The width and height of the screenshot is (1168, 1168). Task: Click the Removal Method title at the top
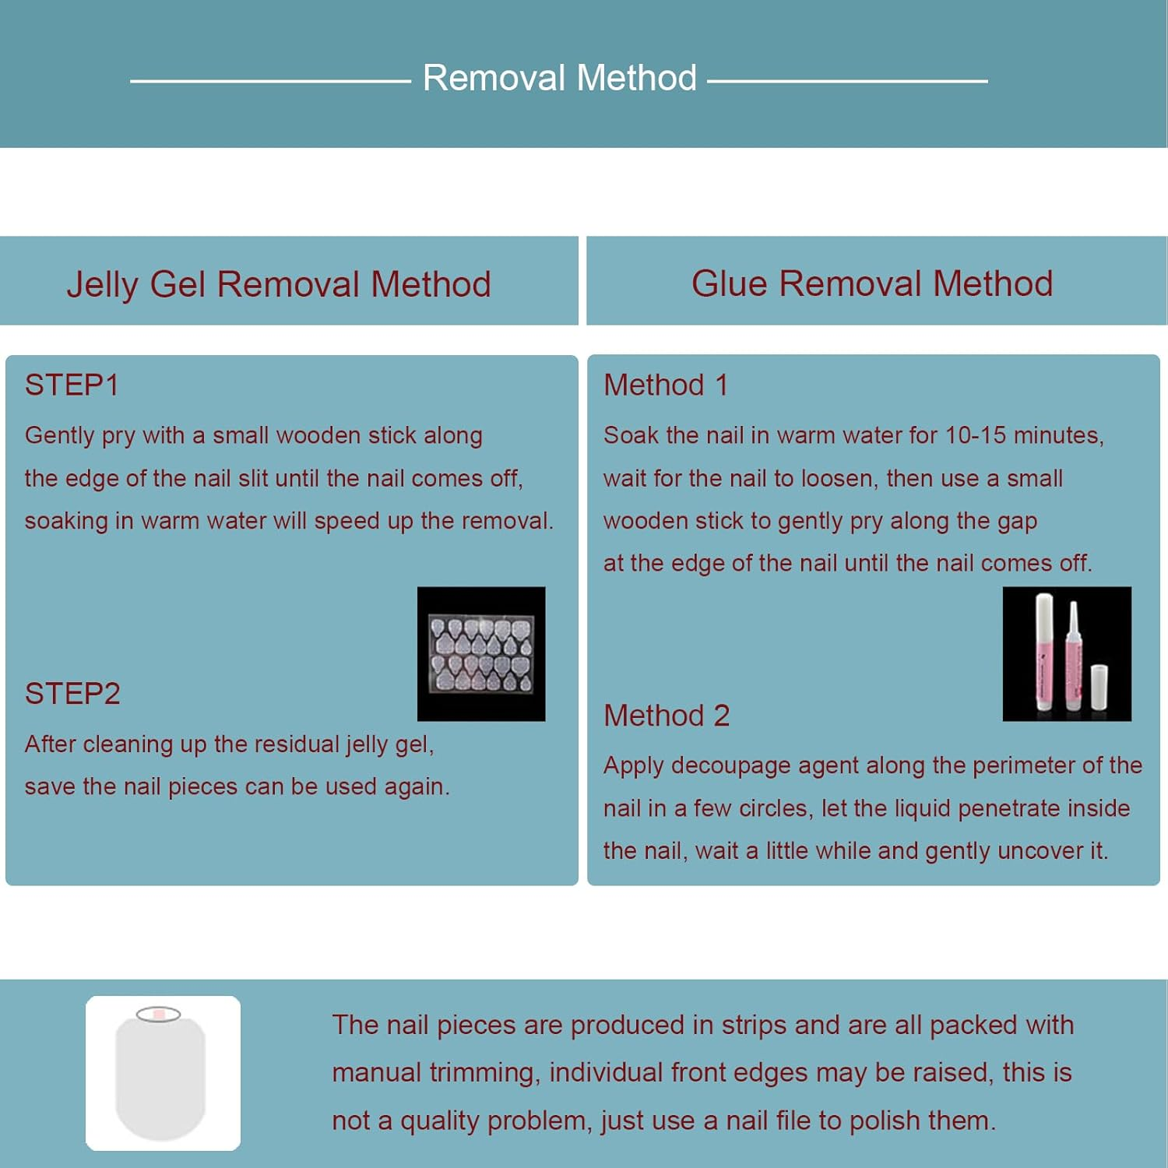pos(560,78)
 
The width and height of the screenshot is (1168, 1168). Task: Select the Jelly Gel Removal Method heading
pos(279,284)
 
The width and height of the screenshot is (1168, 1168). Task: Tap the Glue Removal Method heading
pos(872,283)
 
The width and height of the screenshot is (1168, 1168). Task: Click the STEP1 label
pos(72,385)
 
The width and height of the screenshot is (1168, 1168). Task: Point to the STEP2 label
pos(72,693)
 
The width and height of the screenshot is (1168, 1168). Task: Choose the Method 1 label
pos(666,385)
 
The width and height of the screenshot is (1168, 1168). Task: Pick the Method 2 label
pos(667,715)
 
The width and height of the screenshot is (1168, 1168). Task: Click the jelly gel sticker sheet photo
pos(481,654)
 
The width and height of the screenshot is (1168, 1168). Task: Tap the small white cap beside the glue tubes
pos(1099,687)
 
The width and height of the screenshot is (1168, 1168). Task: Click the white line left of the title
pos(270,80)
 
